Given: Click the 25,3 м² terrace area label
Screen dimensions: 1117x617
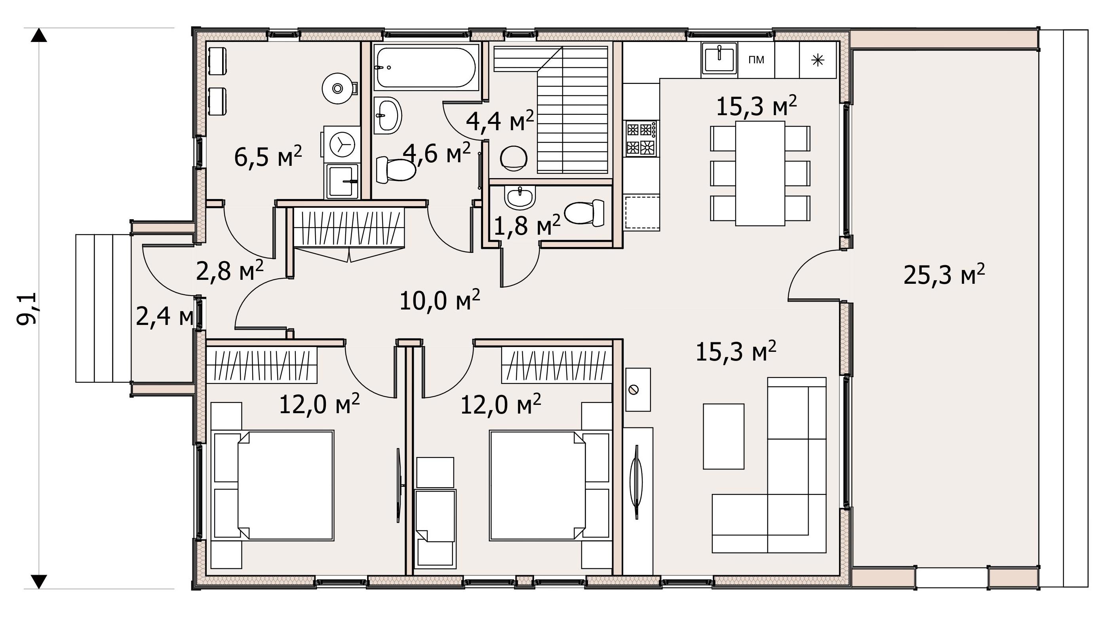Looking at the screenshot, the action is pyautogui.click(x=944, y=275).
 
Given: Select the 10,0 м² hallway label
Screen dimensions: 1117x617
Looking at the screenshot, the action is pyautogui.click(x=440, y=300).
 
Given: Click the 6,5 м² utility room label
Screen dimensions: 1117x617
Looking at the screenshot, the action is pyautogui.click(x=268, y=156).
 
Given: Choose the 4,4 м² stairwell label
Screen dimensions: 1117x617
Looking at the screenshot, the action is pyautogui.click(x=500, y=120).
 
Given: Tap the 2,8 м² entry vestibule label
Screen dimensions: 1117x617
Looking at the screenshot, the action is pyautogui.click(x=229, y=271).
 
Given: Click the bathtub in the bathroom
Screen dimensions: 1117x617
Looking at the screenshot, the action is pyautogui.click(x=425, y=68).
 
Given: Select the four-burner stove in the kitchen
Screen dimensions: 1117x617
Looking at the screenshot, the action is pyautogui.click(x=641, y=138).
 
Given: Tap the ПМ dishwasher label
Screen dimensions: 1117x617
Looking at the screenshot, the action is pyautogui.click(x=756, y=60).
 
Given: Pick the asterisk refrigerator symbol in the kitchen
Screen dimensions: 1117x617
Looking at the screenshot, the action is pyautogui.click(x=818, y=60).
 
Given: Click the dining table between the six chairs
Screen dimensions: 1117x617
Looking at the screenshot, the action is pyautogui.click(x=760, y=173).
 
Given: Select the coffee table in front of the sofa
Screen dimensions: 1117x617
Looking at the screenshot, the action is pyautogui.click(x=724, y=436).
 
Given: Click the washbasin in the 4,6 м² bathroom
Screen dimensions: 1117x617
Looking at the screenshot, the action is pyautogui.click(x=387, y=115).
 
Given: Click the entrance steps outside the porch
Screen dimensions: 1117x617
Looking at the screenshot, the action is pyautogui.click(x=103, y=308).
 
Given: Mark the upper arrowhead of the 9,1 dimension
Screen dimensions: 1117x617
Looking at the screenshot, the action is pyautogui.click(x=39, y=35).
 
